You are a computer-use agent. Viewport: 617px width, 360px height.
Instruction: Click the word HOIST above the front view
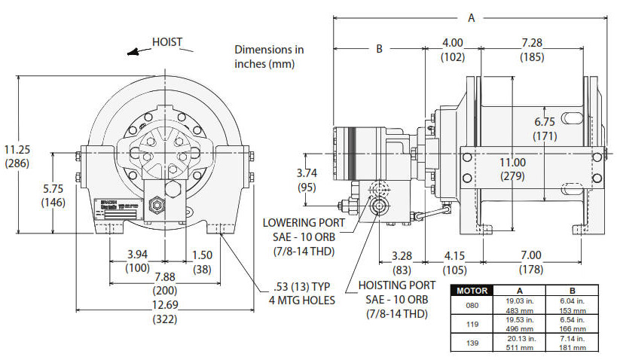point(166,42)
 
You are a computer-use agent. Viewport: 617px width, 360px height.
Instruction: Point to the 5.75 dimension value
point(53,191)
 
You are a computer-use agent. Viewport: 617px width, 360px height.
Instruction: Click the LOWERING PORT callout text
point(304,223)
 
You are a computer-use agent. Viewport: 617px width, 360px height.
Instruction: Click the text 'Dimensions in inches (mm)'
point(269,56)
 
